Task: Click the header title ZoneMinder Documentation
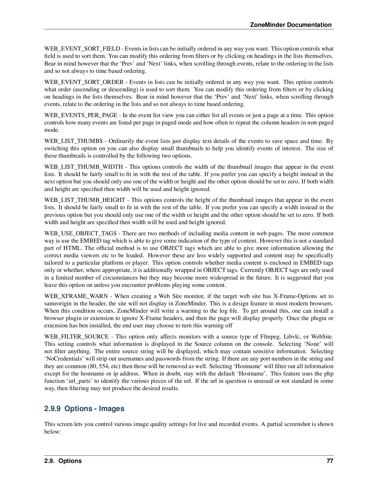290,25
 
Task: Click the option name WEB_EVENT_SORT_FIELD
82,49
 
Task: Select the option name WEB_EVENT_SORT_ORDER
84,82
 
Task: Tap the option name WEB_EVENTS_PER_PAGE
81,115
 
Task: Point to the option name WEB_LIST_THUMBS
73,141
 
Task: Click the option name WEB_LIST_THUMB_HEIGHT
85,200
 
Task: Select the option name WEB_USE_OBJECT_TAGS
80,234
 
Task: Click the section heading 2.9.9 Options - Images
84,409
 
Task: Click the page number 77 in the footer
330,461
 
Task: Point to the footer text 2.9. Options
63,461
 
